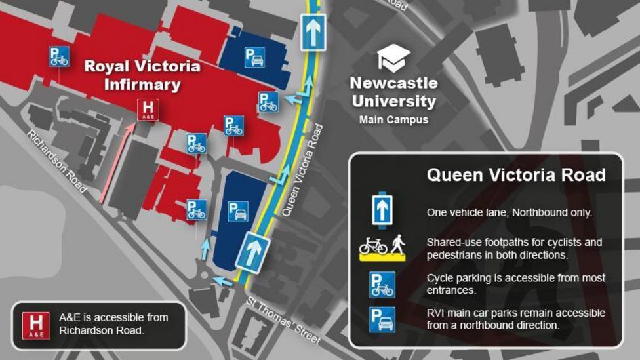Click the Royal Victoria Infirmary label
[142, 75]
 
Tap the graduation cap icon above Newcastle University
[393, 58]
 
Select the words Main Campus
[393, 120]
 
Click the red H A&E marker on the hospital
[148, 110]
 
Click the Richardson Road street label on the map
[57, 161]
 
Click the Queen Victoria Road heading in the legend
[515, 175]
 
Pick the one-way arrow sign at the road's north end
[313, 31]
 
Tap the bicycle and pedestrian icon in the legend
[382, 247]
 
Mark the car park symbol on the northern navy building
[254, 58]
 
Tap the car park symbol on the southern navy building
[237, 211]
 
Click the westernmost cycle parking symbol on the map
[59, 57]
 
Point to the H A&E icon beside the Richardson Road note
[35, 326]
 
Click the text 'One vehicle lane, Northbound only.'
[509, 212]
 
